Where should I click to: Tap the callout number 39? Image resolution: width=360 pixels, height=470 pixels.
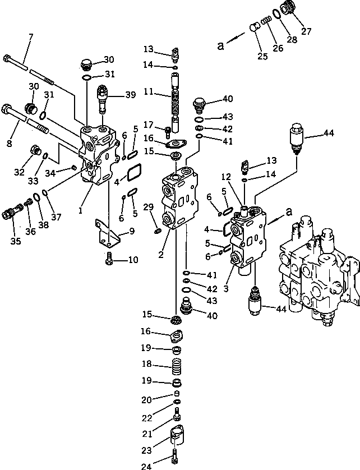[131, 96]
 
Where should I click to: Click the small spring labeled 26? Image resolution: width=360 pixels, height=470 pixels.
[268, 20]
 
